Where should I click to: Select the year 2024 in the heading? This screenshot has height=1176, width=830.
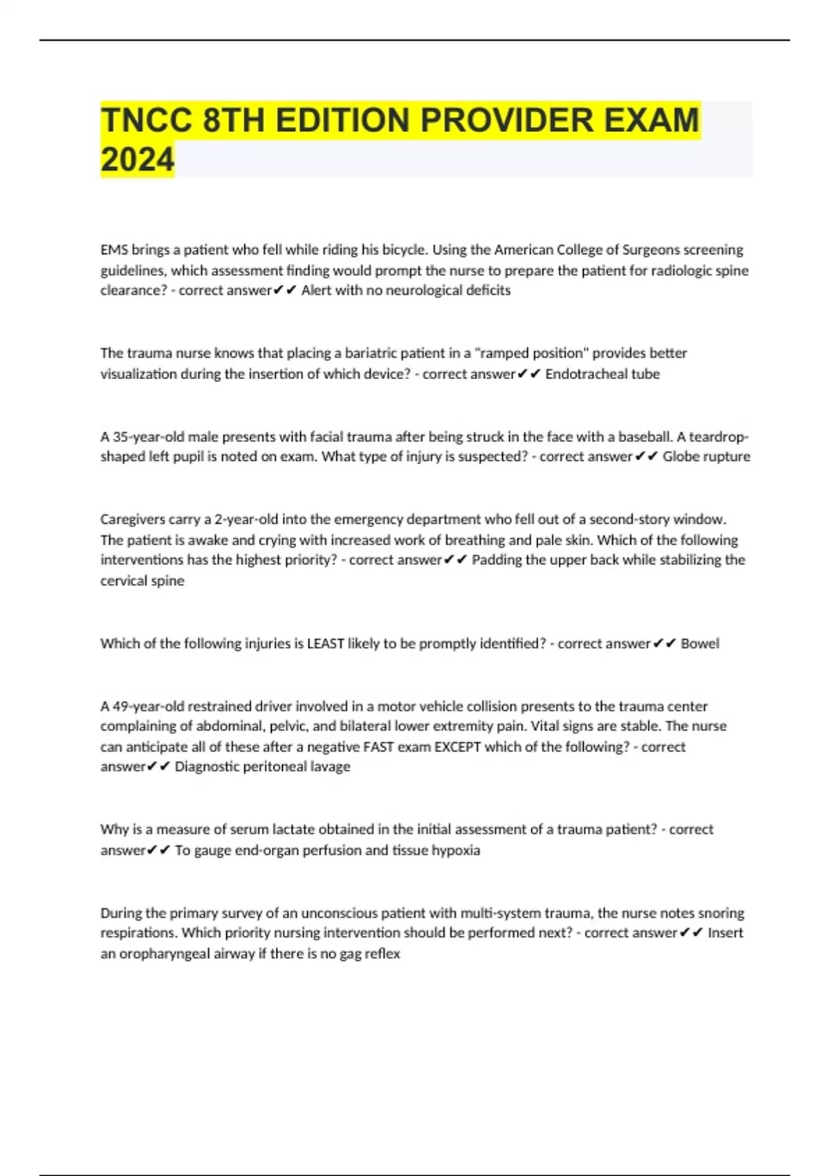137,160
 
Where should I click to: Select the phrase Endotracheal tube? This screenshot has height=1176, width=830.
602,374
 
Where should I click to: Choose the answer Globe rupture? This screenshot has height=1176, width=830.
706,457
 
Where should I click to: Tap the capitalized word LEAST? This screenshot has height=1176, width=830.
326,644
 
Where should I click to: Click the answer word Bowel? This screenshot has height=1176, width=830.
700,644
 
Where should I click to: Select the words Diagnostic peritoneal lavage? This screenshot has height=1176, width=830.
262,767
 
